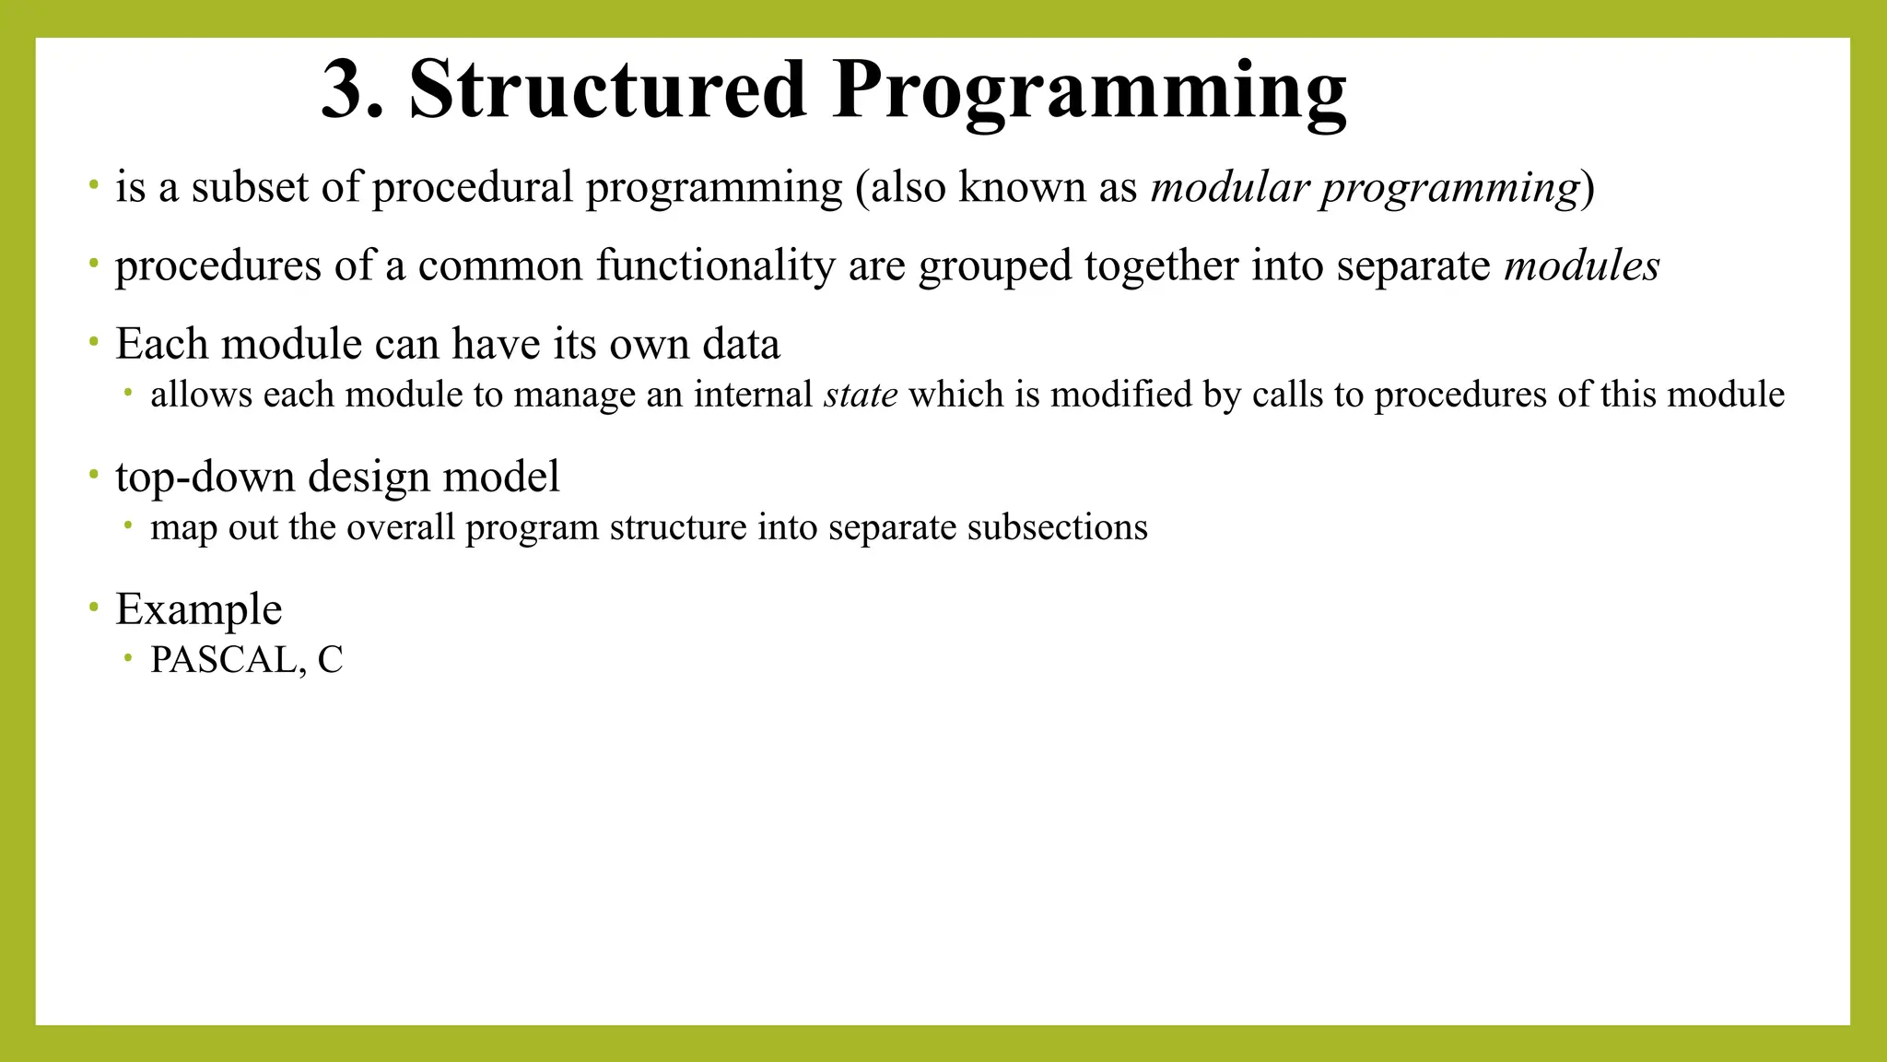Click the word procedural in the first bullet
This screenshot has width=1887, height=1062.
[x=473, y=187]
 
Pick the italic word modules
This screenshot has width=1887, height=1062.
[x=1581, y=266]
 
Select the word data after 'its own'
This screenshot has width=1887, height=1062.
[x=741, y=345]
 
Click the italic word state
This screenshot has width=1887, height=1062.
[x=861, y=395]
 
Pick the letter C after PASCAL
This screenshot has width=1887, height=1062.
[x=330, y=660]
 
